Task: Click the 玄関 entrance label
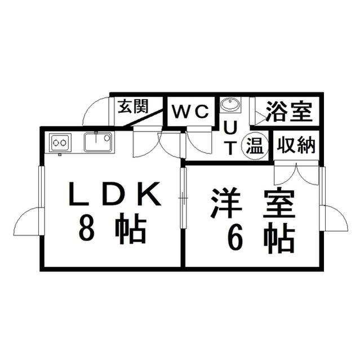click(x=133, y=106)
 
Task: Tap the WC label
click(x=190, y=112)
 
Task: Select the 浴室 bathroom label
click(x=289, y=112)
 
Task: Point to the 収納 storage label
click(x=296, y=145)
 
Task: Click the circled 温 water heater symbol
click(x=255, y=147)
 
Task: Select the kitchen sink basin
click(x=98, y=142)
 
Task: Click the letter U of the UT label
click(x=230, y=128)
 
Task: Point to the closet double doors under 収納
click(x=296, y=173)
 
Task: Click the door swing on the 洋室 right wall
click(x=336, y=218)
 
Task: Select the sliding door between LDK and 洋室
click(x=183, y=198)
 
